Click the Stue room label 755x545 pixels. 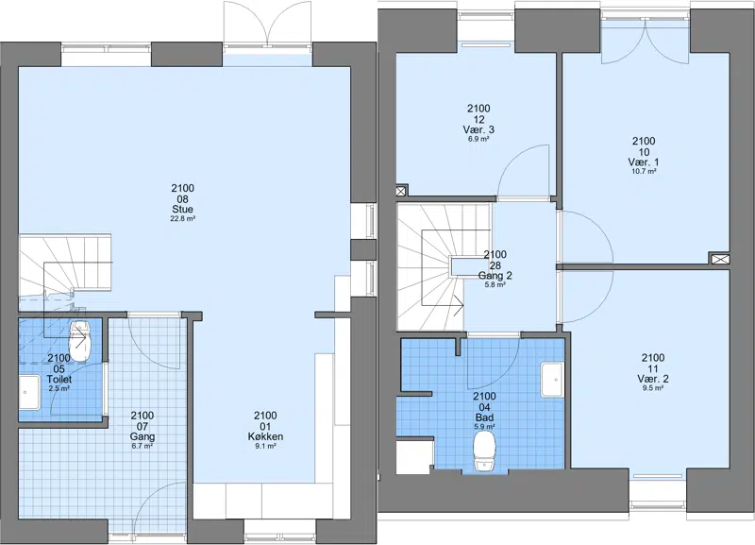pos(182,209)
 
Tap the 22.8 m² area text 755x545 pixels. pos(182,219)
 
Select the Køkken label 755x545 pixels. pos(265,437)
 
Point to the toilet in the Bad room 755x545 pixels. pos(484,451)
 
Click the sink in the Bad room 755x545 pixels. pos(552,380)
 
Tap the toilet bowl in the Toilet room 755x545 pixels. pos(80,341)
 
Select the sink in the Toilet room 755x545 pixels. pos(29,393)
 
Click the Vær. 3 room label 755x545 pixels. pos(478,129)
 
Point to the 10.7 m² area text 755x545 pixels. pos(644,171)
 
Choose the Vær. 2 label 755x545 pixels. pos(653,379)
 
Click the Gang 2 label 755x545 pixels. pos(495,276)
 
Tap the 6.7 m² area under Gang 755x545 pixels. pos(143,446)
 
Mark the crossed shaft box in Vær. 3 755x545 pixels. pos(402,191)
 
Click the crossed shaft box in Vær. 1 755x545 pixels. pos(719,259)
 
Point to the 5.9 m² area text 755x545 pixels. pos(484,427)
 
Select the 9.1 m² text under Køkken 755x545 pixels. pos(265,447)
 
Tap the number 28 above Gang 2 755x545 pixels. pos(495,265)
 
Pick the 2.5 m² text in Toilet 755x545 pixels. pos(59,388)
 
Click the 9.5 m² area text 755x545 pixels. pos(653,388)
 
